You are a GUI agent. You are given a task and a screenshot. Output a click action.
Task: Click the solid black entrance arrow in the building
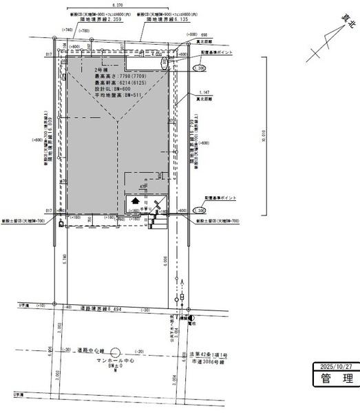(x=135, y=202)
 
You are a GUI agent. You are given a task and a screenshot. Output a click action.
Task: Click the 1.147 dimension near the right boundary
(x=203, y=92)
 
